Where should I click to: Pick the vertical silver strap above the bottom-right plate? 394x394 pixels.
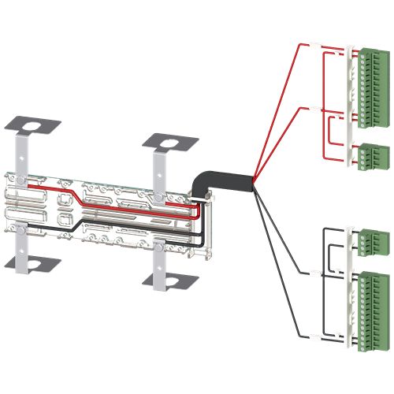160,260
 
